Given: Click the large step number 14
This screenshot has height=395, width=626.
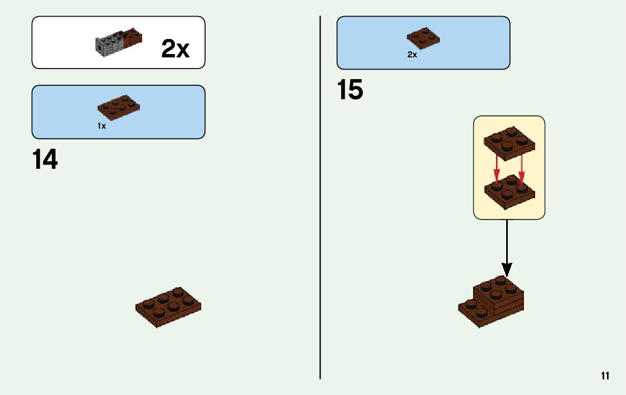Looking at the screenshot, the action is (x=45, y=160).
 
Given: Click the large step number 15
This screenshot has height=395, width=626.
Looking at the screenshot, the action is (x=350, y=90).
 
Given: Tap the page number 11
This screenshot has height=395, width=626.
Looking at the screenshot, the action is (x=605, y=376).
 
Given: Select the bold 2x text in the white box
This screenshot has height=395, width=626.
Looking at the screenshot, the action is (x=175, y=50).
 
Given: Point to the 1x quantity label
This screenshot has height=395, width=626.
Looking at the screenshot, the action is (x=101, y=126).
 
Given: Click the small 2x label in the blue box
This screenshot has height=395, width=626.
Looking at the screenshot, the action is (x=412, y=55).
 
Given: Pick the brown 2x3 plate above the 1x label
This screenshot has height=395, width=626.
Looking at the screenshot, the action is (x=118, y=107).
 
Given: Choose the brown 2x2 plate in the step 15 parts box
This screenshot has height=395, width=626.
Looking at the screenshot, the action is (x=423, y=37).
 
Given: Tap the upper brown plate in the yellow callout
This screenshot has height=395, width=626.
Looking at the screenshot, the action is (x=508, y=142).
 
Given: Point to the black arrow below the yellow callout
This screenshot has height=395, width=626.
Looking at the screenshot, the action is (x=507, y=245).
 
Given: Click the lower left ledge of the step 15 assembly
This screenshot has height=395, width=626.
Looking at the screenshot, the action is (x=471, y=313).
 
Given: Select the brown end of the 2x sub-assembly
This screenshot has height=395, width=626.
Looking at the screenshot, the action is (x=134, y=38).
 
